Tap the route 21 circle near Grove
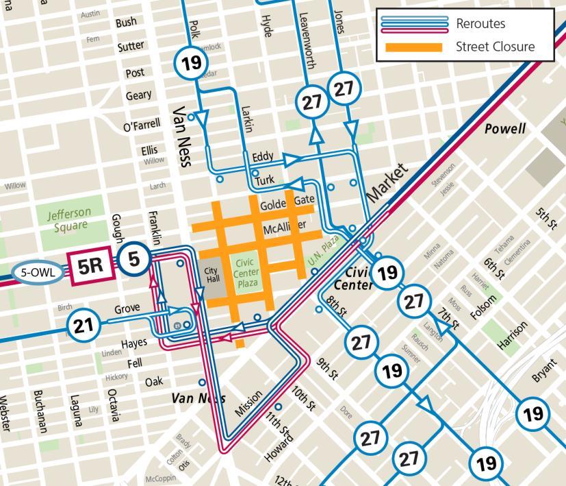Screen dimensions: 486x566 [83, 326]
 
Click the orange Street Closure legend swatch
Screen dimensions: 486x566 [413, 47]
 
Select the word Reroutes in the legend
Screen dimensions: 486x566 [480, 23]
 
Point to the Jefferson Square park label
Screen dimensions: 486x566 [69, 219]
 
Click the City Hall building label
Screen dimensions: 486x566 [211, 274]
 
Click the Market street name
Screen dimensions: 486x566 [387, 182]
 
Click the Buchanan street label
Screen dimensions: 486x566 [39, 411]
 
